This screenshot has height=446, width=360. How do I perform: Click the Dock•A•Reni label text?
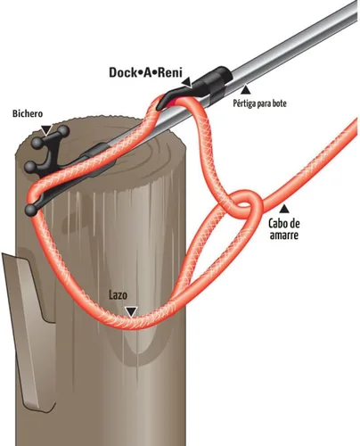point(145,72)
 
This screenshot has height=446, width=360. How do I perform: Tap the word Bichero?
point(28,113)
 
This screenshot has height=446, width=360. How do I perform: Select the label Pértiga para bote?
point(259,103)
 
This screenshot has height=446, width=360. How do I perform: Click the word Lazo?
point(119,295)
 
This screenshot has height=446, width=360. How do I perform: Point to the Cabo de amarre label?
point(284,229)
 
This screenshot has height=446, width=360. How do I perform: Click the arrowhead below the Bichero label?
point(46,130)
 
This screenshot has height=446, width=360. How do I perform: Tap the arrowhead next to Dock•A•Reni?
point(187,83)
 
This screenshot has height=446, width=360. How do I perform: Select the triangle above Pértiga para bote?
point(245,90)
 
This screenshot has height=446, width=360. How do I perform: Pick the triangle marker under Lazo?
point(131,311)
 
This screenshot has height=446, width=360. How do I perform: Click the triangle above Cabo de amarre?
point(284,209)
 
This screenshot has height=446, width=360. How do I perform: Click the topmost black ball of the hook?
point(63,131)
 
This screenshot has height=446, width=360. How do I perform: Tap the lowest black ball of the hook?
point(31,211)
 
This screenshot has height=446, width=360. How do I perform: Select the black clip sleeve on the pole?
point(215,82)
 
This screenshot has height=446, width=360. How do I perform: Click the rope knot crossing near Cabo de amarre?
point(244,204)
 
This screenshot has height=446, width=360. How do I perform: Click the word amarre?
point(284,235)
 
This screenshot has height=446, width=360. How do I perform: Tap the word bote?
point(279,103)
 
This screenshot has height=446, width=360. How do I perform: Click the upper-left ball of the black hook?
point(37,144)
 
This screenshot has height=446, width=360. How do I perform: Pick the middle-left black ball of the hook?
point(30,168)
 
